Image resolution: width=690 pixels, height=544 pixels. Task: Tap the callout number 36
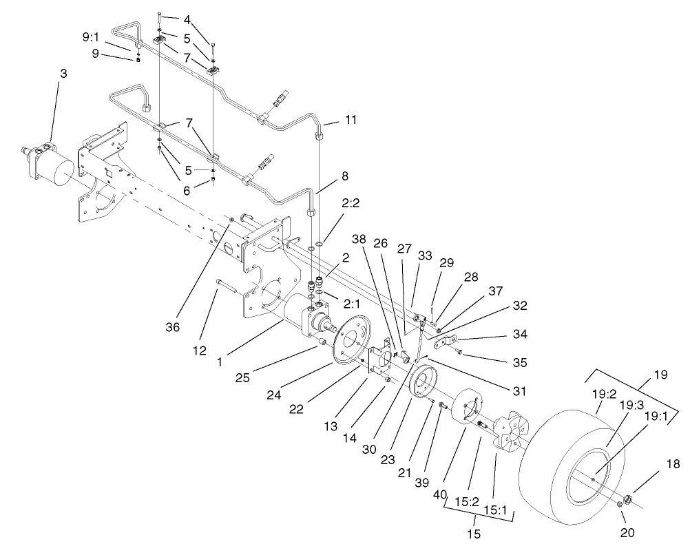pyautogui.click(x=173, y=327)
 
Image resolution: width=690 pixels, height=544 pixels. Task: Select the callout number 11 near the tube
pyautogui.click(x=351, y=121)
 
